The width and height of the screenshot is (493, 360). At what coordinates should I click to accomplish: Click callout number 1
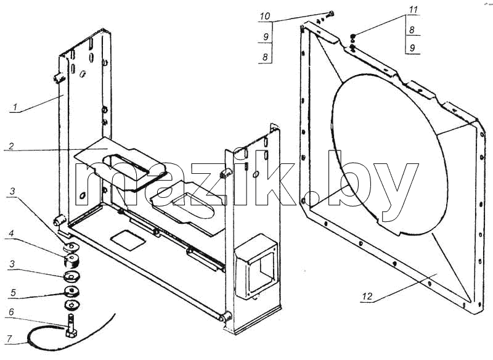click(14, 107)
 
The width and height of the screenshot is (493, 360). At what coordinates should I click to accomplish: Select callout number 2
click(11, 146)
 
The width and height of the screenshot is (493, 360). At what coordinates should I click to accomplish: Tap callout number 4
click(11, 233)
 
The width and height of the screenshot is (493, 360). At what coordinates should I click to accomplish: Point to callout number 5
click(13, 292)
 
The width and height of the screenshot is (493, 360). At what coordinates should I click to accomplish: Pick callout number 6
click(11, 312)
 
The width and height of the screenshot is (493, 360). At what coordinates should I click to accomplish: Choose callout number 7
click(10, 339)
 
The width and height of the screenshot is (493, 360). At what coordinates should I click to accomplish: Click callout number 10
click(265, 16)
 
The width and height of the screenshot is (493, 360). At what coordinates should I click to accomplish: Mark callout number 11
click(413, 10)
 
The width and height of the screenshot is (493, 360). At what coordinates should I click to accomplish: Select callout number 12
click(367, 296)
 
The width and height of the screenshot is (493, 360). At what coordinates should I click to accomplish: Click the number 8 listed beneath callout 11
click(412, 30)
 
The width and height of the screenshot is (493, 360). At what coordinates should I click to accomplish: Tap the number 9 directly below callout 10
click(266, 37)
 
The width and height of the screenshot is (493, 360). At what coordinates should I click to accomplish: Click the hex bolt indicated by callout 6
click(70, 325)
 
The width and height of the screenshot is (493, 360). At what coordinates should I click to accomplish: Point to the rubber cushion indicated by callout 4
click(71, 261)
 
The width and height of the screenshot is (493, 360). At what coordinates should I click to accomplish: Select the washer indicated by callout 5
click(71, 292)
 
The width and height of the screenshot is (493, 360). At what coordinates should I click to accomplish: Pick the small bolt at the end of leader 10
click(330, 14)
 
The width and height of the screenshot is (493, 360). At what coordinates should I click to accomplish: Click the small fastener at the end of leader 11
click(352, 37)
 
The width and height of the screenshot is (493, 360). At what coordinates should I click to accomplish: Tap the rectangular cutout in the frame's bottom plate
click(128, 240)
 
